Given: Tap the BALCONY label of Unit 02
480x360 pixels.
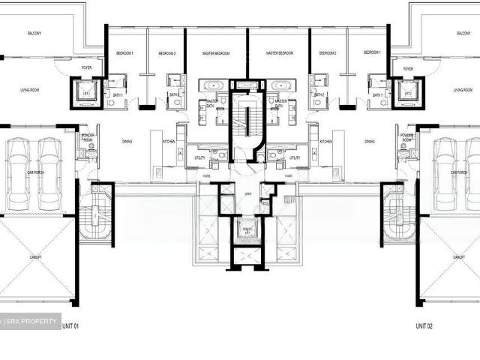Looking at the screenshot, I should point(460,34).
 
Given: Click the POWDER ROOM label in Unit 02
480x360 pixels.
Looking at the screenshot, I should point(408,137).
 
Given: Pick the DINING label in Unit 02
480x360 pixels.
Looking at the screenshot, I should point(369,141).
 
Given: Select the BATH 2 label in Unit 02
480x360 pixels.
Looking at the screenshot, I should point(319,95).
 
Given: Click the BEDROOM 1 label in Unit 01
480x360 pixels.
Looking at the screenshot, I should point(124,54).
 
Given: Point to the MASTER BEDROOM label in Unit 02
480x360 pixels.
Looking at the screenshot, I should point(279,54).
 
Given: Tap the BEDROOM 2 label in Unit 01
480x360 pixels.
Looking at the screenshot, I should point(166,54).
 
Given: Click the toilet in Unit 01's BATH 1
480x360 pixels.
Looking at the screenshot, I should point(110,103).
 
